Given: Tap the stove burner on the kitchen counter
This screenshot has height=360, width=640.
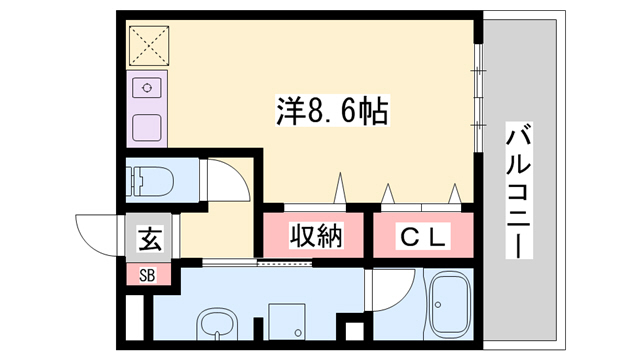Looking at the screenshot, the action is tap(148, 87).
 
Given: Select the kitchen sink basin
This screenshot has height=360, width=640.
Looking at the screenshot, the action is tap(148, 126).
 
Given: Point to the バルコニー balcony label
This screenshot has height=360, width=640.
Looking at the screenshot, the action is tap(518, 190).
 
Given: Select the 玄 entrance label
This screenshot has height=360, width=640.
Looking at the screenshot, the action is tap(149, 239).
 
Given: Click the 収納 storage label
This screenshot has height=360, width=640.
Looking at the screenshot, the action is tap(316, 237).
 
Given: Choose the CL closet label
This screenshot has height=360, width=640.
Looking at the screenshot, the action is tap(425, 237).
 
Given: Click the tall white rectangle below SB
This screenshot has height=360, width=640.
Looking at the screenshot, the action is tap(134, 315).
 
